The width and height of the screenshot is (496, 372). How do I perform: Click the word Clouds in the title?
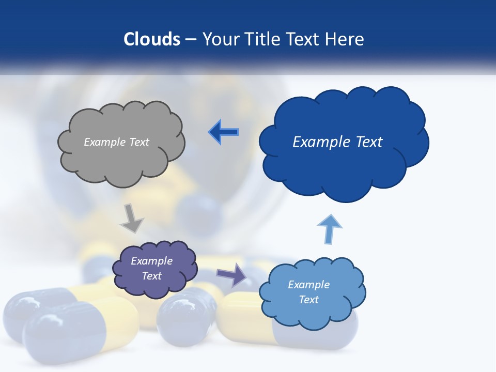(152, 39)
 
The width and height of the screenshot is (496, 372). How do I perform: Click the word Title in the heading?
(262, 39)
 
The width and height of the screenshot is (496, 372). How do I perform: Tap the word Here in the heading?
(346, 39)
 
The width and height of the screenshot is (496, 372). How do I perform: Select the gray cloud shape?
(121, 165)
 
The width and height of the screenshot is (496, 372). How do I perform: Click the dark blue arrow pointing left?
(224, 132)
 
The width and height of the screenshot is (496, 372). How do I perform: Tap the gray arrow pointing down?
(132, 218)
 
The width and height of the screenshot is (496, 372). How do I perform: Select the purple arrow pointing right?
(232, 274)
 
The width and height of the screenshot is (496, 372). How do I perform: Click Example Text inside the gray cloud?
(116, 142)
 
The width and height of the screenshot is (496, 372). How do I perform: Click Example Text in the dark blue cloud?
(337, 142)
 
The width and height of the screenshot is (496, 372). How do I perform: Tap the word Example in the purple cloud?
(152, 261)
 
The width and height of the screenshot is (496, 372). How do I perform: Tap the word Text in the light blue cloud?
(309, 300)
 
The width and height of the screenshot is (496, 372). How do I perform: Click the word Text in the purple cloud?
(152, 276)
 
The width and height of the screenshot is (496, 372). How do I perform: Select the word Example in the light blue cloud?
(309, 285)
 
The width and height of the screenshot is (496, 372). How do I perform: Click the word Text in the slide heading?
(305, 39)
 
